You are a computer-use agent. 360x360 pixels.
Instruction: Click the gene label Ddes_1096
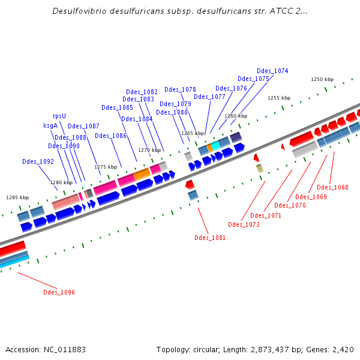coord(59,292)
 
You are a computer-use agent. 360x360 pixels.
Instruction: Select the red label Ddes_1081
coord(210,238)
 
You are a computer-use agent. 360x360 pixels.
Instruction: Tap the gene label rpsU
coord(59,116)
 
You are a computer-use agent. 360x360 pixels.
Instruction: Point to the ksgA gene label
coord(50,125)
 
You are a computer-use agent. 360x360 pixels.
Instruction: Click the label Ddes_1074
coord(272,71)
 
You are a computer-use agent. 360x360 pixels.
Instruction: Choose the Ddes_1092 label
coord(38,161)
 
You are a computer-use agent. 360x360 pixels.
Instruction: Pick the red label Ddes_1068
coord(332,187)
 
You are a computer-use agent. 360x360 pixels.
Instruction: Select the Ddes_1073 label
coord(244,224)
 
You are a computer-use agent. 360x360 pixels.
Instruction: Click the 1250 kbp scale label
coord(322,79)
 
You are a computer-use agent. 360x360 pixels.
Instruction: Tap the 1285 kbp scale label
coord(17,197)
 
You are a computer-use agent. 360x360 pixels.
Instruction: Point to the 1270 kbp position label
coord(149,150)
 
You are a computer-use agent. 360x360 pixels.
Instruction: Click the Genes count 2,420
coord(343,349)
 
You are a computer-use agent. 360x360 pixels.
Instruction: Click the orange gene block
coord(142,174)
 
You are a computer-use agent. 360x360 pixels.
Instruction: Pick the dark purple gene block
coord(236,137)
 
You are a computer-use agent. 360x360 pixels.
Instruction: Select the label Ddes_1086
coord(110,136)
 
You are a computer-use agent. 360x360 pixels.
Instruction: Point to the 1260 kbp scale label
coord(236,116)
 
